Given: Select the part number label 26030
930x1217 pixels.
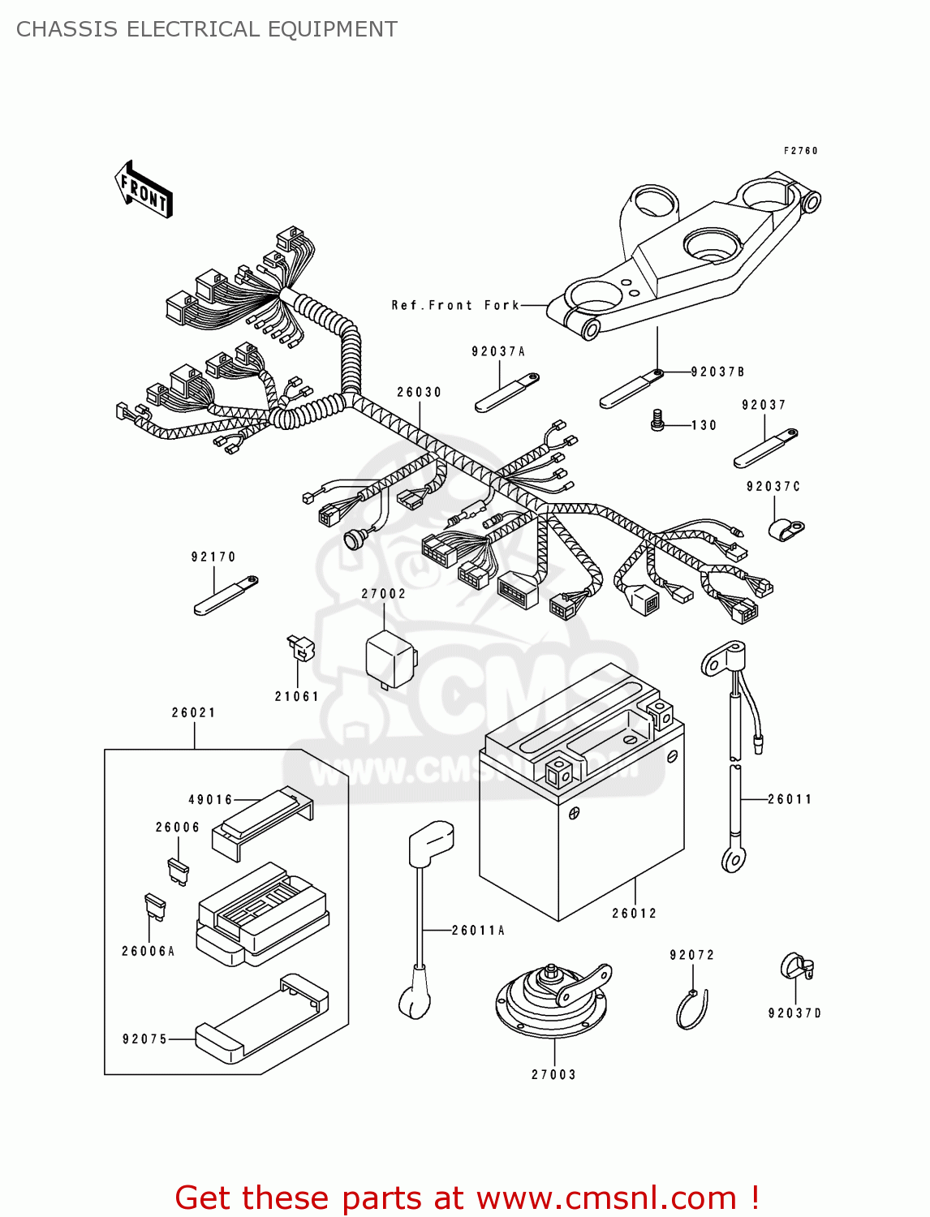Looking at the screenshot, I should pos(419,392).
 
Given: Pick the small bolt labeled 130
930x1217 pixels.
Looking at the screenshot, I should pos(658,420).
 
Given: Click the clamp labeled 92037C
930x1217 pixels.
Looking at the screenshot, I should pos(783,529).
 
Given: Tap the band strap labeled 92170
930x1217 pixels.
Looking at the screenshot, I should pos(225,596).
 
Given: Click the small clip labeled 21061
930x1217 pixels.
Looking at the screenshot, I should pos(301,648).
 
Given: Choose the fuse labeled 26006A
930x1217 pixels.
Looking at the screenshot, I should pos(154,906).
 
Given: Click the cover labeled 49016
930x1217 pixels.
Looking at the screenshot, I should pos(261,821).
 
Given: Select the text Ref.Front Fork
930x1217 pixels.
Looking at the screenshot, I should pos(455,305).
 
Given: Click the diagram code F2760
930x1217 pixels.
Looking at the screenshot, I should pos(800,151).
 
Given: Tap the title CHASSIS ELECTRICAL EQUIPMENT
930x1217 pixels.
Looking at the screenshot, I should pos(207,29).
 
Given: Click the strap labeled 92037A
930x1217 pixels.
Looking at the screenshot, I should pos(506,392).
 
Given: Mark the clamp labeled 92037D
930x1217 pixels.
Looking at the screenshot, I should pos(795,966).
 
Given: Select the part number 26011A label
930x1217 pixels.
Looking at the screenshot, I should pos(478,931).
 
